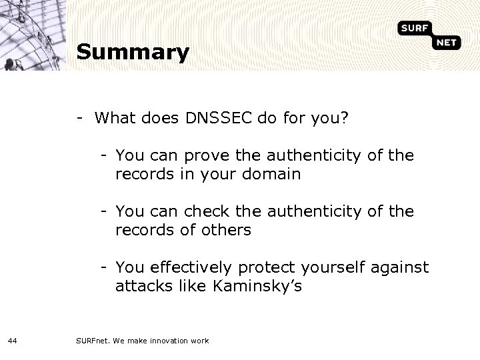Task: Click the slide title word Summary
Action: (x=133, y=52)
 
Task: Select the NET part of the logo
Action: (x=449, y=43)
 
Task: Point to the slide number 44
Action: (x=13, y=341)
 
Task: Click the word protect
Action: (x=265, y=268)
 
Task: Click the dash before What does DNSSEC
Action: (x=79, y=119)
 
